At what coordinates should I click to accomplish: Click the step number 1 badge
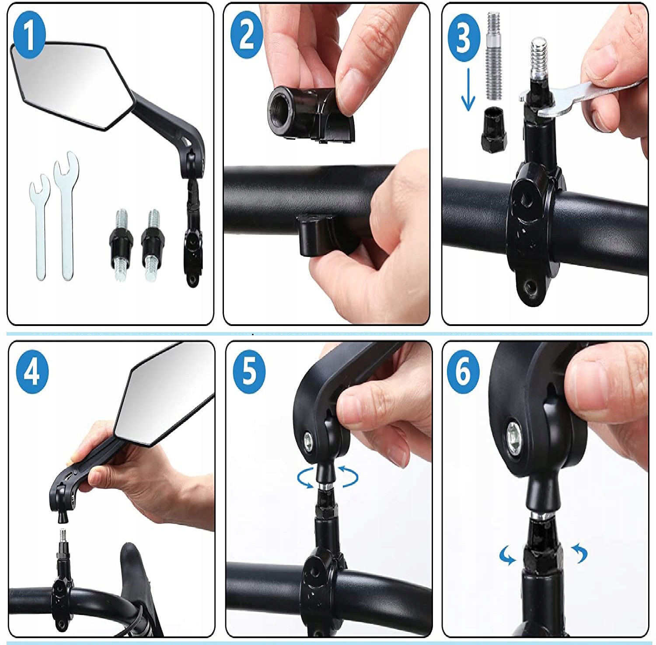pyautogui.click(x=28, y=35)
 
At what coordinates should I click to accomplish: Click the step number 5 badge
pyautogui.click(x=249, y=371)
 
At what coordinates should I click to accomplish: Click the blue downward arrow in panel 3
pyautogui.click(x=468, y=90)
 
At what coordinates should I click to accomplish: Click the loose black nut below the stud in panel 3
pyautogui.click(x=494, y=130)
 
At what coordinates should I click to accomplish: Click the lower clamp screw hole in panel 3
pyautogui.click(x=530, y=287)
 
